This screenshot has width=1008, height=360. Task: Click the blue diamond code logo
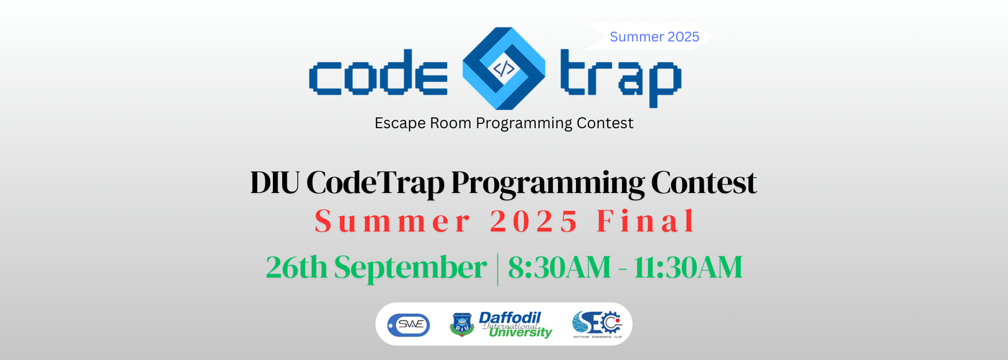pos(503,68)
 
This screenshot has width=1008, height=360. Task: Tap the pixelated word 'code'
pos(379,73)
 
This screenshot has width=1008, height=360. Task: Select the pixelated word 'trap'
pos(621,78)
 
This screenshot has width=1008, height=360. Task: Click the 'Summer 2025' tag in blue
pos(654,37)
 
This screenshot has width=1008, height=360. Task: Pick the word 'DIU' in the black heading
pos(275,182)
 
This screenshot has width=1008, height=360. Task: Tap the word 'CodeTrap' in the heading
pos(376,184)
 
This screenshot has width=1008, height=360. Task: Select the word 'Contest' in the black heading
pos(704,182)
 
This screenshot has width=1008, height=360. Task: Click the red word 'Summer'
pos(392,221)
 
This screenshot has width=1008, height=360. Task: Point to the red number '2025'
pos(534,221)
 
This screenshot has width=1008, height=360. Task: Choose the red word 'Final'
pos(646,220)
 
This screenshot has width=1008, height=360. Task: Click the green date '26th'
pos(296,267)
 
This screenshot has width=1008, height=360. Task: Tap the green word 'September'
pos(410,268)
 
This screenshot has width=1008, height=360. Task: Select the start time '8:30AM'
pos(559,267)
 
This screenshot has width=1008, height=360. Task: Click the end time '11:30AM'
pos(688,267)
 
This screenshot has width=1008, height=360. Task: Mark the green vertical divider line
pos(498,269)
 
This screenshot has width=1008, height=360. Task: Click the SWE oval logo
pos(409,325)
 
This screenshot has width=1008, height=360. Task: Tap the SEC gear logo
pos(597,324)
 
